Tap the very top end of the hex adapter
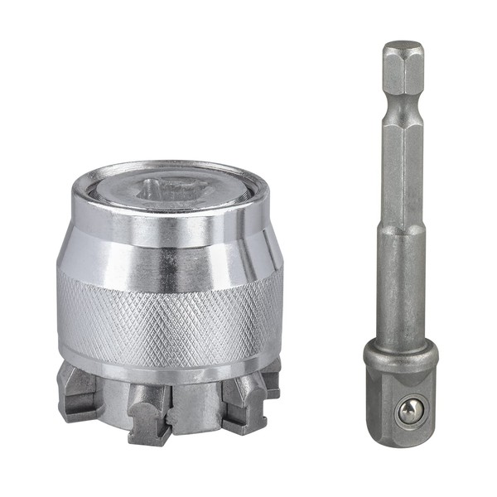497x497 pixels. pyautogui.click(x=403, y=46)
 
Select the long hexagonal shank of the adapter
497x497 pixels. pyautogui.click(x=403, y=166)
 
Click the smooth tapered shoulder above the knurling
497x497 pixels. pyautogui.click(x=170, y=248)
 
